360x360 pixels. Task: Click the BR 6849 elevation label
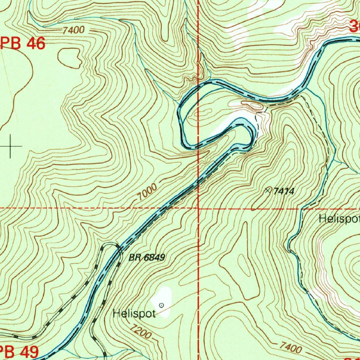[146, 258]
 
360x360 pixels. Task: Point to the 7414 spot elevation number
[283, 191]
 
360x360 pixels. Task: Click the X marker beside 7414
[269, 190]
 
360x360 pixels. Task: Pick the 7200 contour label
[140, 332]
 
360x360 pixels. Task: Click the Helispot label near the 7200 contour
[134, 314]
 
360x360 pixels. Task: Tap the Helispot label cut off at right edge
[339, 219]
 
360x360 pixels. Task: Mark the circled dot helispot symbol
[161, 305]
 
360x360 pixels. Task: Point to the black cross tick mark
[11, 146]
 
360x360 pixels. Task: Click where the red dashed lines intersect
[198, 208]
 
